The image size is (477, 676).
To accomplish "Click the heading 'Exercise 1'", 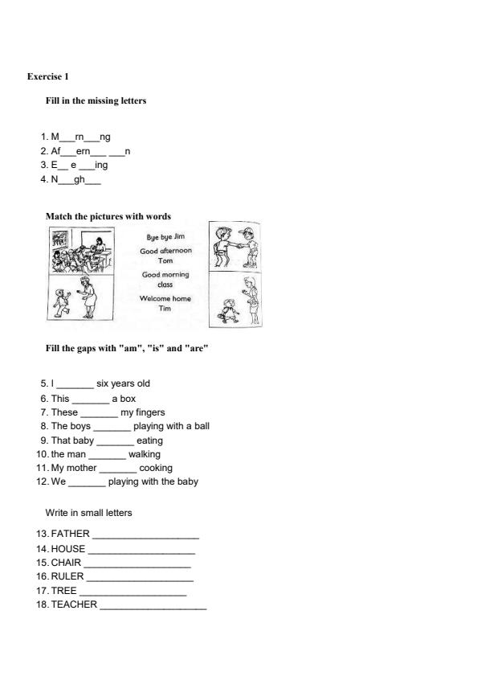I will pos(48,76).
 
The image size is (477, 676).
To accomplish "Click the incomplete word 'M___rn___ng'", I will pos(80,137).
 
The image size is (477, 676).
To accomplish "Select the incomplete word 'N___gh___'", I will pos(75,179).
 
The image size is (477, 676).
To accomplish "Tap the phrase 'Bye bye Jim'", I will pos(165,237).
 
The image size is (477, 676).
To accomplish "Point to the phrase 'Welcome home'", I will pos(165,299).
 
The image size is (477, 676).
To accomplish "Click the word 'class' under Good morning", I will pos(165,285).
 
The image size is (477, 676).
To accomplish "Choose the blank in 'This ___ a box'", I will pos(90,399).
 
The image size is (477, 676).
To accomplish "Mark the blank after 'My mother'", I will pos(117,469).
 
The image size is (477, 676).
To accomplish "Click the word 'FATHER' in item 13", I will pos(70,534).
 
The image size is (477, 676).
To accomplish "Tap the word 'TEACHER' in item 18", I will pos(74,604).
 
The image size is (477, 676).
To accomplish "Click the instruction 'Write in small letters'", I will pos(88,512).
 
